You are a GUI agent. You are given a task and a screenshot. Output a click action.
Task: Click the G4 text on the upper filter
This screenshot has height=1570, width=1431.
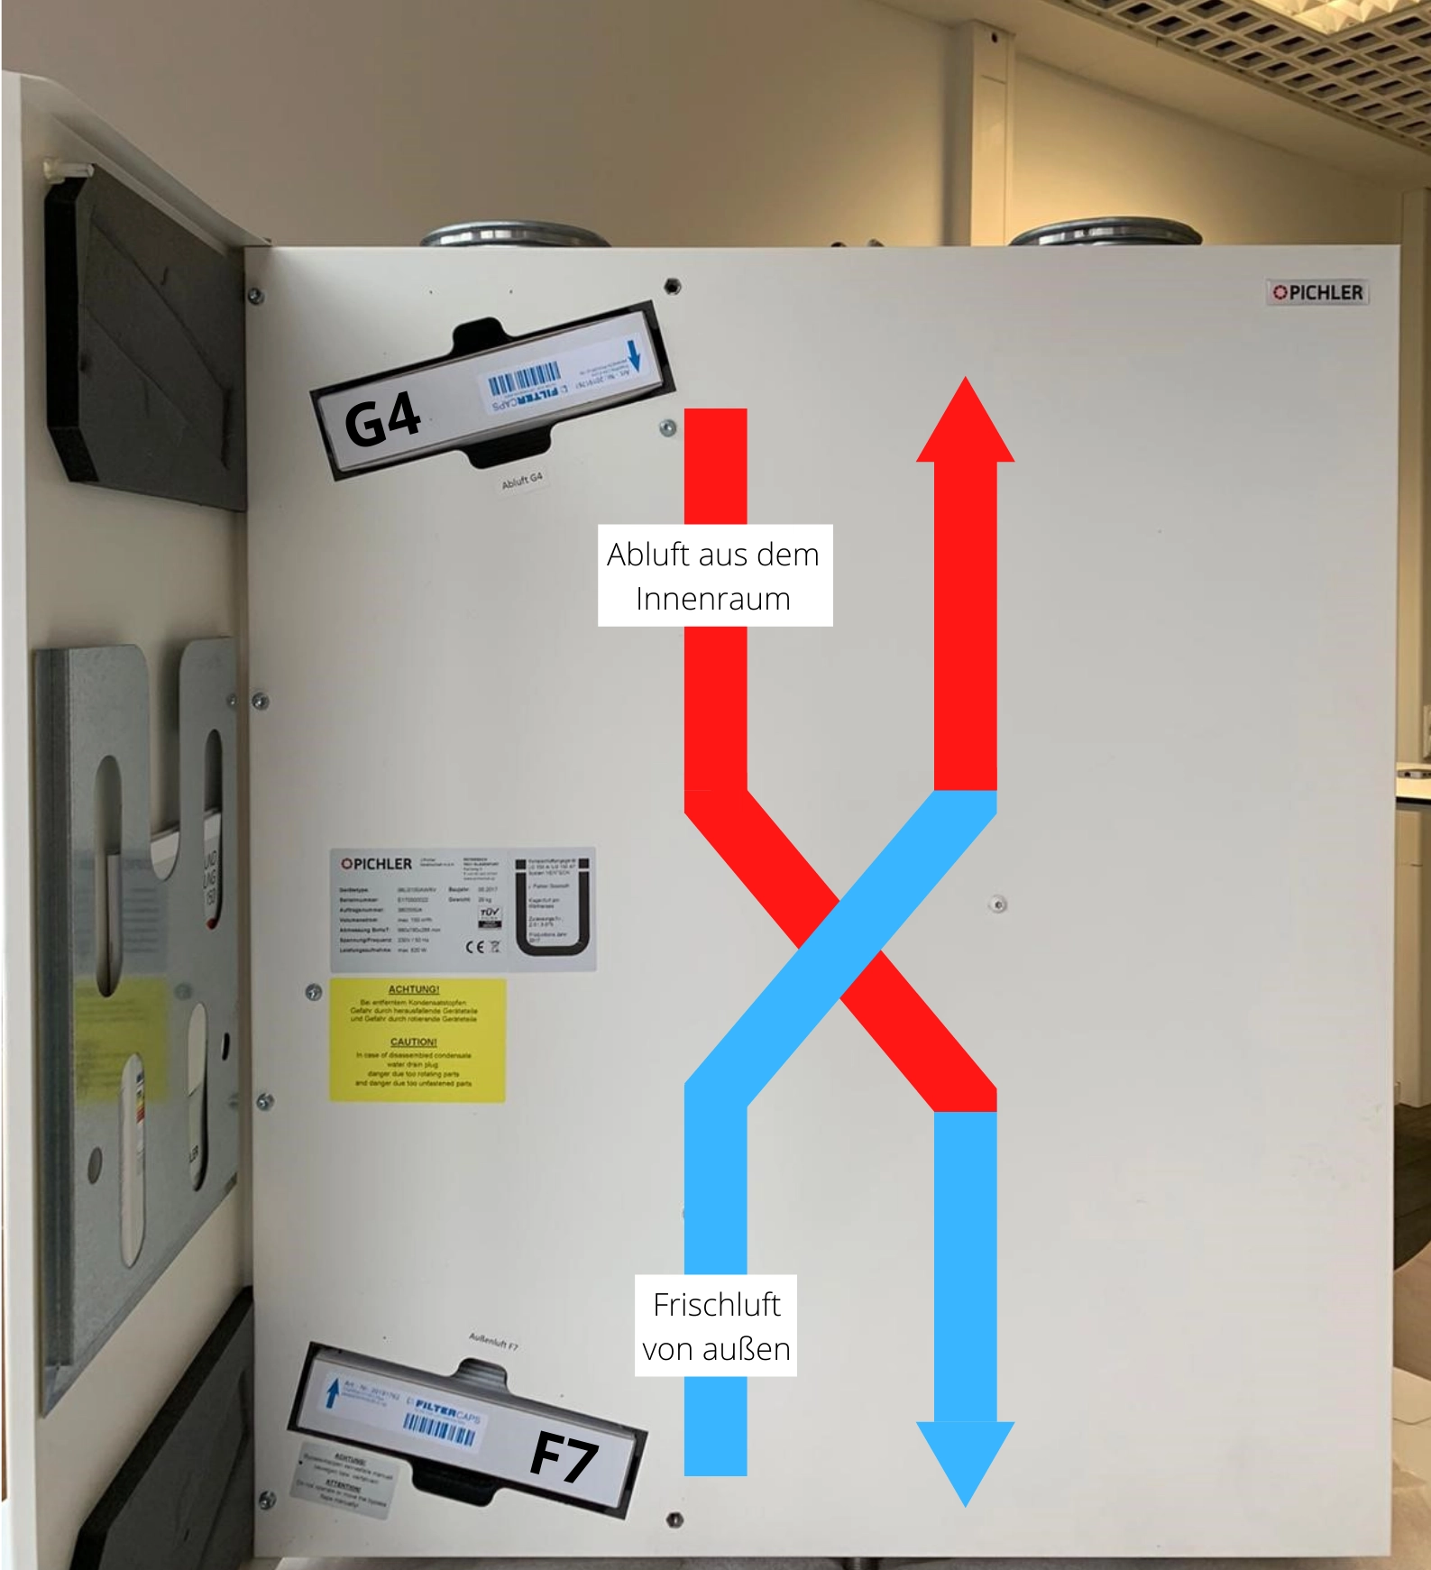pos(383,418)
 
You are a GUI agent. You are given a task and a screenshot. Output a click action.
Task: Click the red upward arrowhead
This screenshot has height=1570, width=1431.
pos(965,422)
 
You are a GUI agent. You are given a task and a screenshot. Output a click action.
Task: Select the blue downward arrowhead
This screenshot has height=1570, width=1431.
pos(965,1459)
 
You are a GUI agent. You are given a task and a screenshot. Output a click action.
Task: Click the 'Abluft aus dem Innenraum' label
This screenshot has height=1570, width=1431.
pos(714,575)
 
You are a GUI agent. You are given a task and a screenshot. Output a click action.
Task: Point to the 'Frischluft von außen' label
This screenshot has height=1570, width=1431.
pos(716,1326)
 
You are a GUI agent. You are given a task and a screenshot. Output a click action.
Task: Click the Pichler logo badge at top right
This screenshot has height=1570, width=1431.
pos(1317,292)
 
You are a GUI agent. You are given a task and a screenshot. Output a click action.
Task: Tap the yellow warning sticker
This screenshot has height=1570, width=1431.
pos(417,1041)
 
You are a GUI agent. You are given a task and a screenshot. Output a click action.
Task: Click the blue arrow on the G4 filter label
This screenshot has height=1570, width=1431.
pos(634,354)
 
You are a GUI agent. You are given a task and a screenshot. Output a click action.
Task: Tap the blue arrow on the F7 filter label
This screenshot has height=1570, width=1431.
pos(333,1392)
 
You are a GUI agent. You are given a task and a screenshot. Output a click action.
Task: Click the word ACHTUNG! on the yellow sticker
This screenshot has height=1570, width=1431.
pos(414,989)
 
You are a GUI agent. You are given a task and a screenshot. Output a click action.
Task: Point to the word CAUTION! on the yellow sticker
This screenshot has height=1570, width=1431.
pos(414,1042)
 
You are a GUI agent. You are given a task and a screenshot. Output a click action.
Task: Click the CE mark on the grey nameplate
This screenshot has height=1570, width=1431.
pos(475,946)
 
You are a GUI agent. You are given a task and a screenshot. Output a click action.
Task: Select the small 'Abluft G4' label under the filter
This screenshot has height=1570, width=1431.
pos(522,481)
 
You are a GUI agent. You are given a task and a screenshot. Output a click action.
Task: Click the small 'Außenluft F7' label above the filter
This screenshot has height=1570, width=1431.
pos(493,1341)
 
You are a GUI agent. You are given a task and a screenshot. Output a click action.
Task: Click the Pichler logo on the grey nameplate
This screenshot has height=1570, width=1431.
pos(377,864)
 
